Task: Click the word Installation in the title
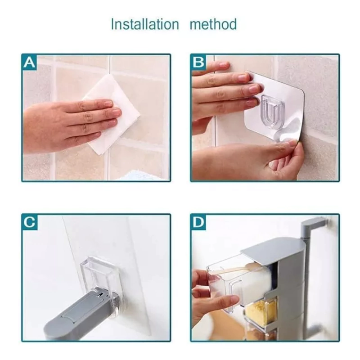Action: pyautogui.click(x=145, y=24)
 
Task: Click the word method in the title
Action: pyautogui.click(x=213, y=24)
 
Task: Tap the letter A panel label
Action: pyautogui.click(x=29, y=62)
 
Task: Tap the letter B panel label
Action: pyautogui.click(x=198, y=62)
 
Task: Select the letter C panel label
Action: pyautogui.click(x=29, y=222)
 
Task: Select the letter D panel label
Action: pyautogui.click(x=198, y=222)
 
